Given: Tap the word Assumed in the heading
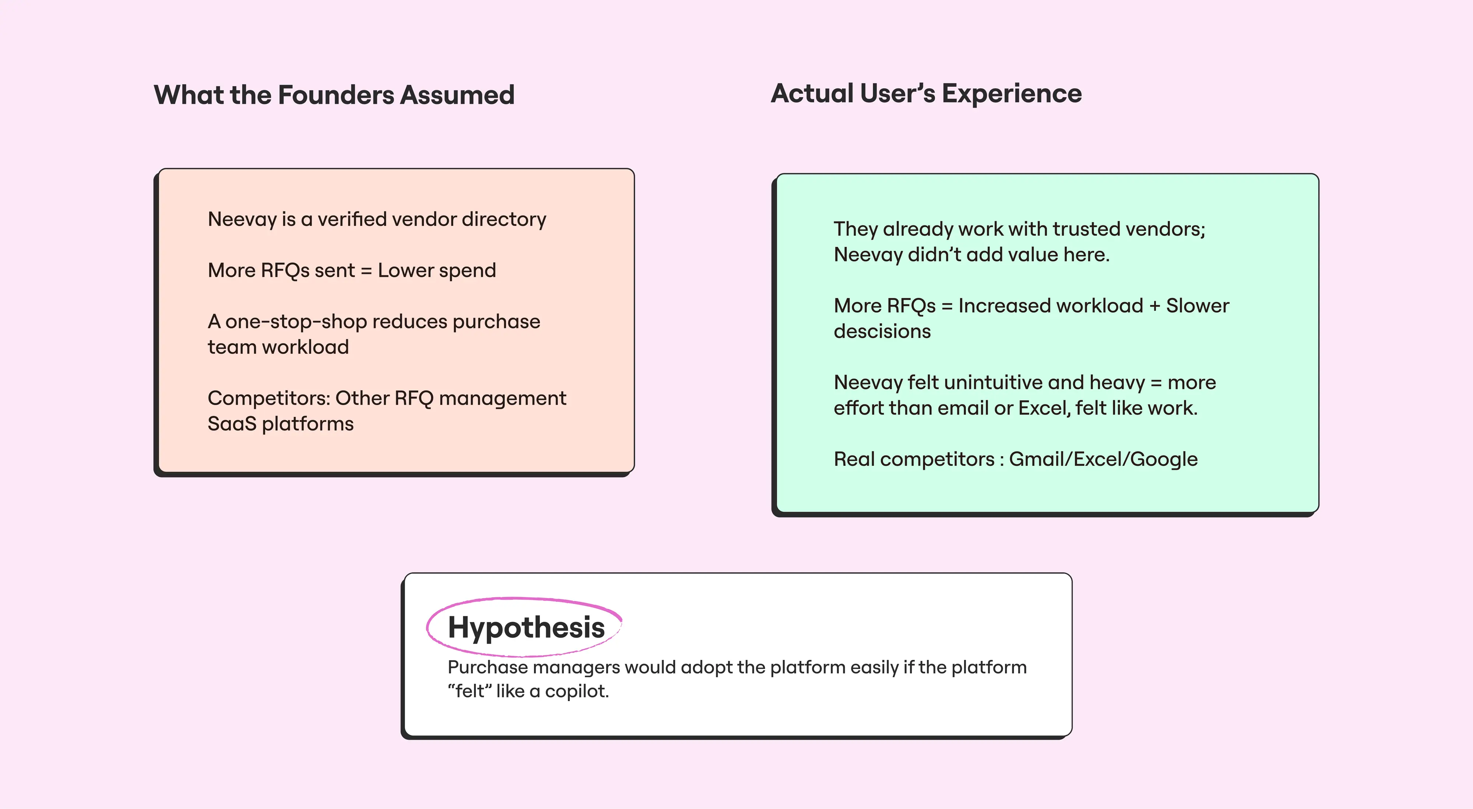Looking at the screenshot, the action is click(x=457, y=95).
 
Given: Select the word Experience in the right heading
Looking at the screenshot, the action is click(x=1012, y=94).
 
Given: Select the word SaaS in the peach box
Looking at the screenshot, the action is click(x=232, y=424).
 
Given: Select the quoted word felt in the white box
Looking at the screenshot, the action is click(x=470, y=691).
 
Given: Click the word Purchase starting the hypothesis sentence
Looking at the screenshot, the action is click(x=488, y=667).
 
